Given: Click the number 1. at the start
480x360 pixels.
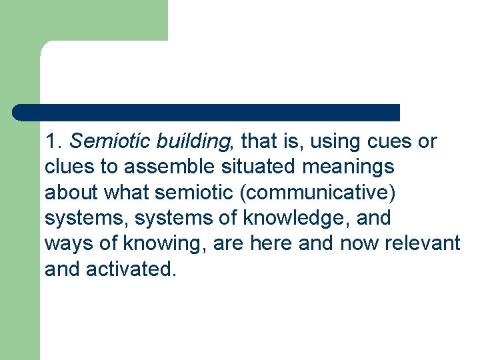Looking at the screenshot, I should click(x=53, y=142).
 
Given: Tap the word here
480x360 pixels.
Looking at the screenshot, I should click(x=271, y=243).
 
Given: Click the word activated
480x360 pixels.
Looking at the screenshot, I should click(x=131, y=269).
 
